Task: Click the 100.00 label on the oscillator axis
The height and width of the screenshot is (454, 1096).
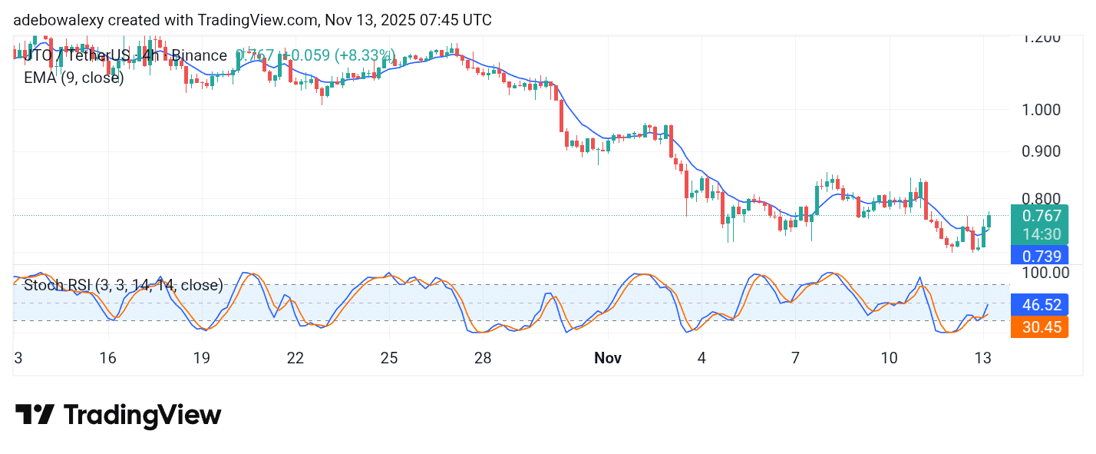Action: (1044, 272)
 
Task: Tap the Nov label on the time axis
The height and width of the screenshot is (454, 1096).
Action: (607, 358)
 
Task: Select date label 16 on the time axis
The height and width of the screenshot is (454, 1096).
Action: (107, 358)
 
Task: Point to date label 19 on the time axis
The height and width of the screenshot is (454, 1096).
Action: (201, 358)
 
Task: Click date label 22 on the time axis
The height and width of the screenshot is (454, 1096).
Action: (295, 358)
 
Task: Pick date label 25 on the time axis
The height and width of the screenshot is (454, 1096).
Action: (389, 358)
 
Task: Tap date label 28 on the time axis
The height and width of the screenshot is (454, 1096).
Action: (483, 358)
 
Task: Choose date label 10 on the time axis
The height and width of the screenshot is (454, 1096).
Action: (889, 358)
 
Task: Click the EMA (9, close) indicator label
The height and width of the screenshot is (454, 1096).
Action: (74, 78)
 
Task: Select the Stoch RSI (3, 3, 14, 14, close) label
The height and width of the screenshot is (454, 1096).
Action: (124, 286)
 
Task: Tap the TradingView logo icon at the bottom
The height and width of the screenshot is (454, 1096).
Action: (35, 416)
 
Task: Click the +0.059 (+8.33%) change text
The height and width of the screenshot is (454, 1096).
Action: (338, 55)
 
